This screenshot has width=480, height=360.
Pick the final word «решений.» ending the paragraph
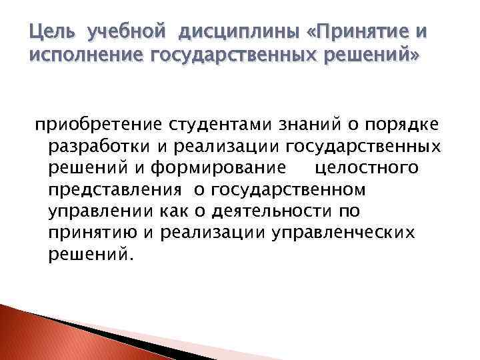click(91, 256)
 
